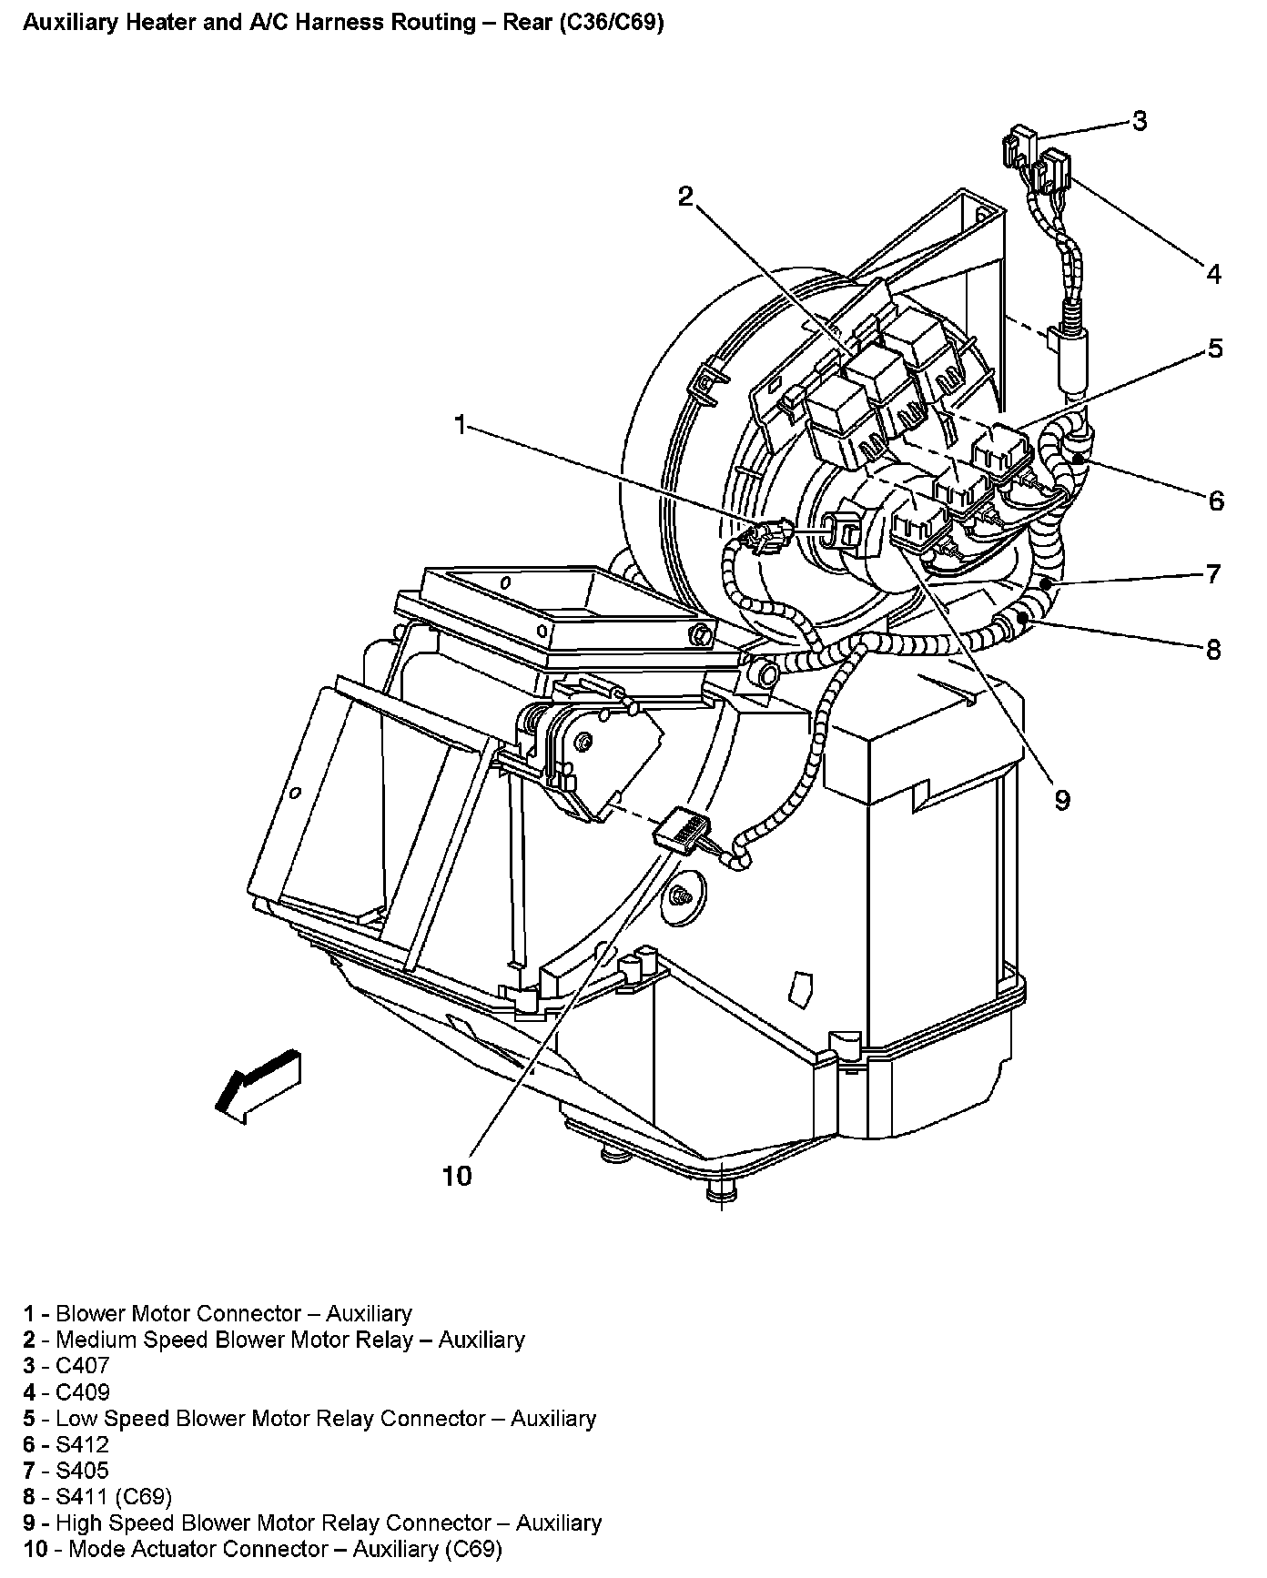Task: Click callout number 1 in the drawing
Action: coord(461,425)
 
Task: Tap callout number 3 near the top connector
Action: coord(1139,121)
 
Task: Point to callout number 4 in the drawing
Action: coord(1213,273)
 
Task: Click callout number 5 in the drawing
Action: coord(1215,349)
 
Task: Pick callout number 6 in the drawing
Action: coord(1216,500)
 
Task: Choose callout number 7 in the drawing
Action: coord(1212,574)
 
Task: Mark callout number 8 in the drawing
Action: coord(1212,650)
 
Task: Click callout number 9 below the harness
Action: coord(1062,799)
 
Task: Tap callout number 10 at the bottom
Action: coord(457,1176)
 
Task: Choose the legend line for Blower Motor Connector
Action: coord(218,1313)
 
